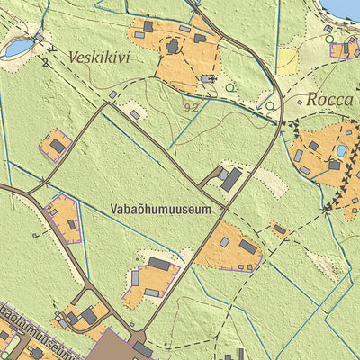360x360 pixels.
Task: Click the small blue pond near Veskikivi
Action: coord(17,47)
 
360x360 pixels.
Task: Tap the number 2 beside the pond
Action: coord(42,62)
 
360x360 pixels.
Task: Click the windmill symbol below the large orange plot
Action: coord(210,79)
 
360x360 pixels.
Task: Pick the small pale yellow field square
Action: coord(286,59)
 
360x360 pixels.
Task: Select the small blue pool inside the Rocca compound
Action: coord(342,150)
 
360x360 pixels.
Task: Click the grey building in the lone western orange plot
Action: coord(58,145)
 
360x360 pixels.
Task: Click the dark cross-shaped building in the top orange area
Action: coord(173,45)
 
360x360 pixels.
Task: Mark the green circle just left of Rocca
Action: coord(270,106)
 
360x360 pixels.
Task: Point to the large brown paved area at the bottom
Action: coord(112,346)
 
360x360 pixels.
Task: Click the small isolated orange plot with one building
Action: coord(279,229)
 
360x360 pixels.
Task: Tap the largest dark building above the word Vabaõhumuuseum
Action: coord(231,179)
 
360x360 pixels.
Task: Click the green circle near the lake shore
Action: coord(329,39)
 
